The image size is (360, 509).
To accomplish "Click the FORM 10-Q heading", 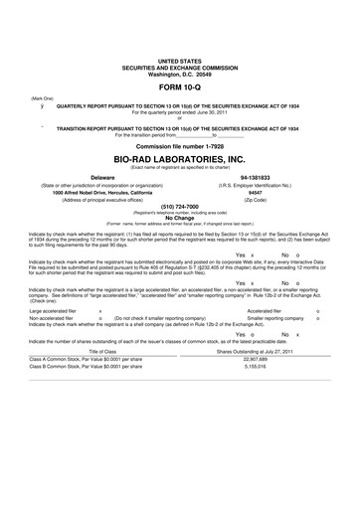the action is coord(179,87).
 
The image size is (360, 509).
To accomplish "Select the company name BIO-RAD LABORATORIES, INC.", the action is coord(179,158).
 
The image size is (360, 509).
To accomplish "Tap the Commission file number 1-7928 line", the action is coord(179,145).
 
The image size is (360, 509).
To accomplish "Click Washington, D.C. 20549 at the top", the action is coord(179,74).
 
